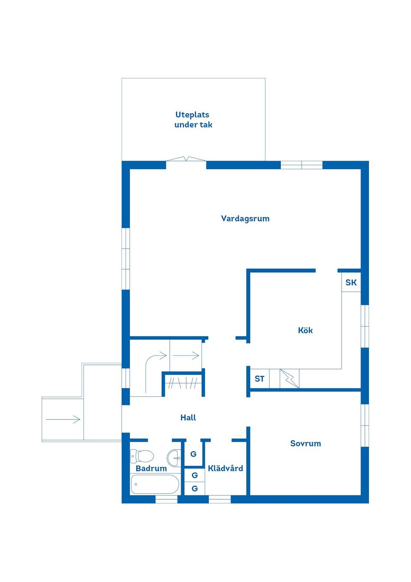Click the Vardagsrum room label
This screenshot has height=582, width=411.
click(x=245, y=219)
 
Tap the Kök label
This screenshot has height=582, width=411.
click(x=305, y=330)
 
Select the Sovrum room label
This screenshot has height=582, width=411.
click(x=305, y=443)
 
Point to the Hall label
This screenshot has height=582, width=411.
click(x=188, y=417)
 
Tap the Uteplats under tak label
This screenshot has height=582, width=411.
click(x=193, y=120)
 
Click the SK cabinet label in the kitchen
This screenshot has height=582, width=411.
click(x=351, y=282)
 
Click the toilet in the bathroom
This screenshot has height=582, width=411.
click(x=142, y=456)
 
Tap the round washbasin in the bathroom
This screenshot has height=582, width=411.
click(x=174, y=458)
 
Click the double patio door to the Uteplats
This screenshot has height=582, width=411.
click(x=186, y=159)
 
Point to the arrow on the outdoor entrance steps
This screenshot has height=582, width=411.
click(x=63, y=419)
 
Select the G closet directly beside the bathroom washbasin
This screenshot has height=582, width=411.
click(x=194, y=454)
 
